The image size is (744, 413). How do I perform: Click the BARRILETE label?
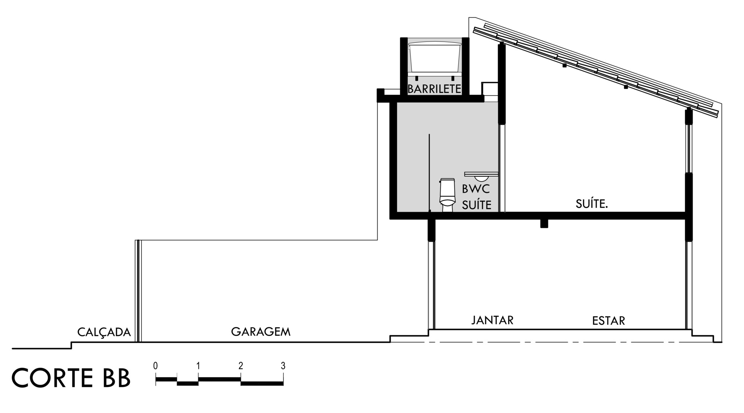pos(434,89)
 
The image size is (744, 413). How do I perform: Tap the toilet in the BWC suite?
pos(447,195)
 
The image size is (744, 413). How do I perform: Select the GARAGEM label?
pos(261,332)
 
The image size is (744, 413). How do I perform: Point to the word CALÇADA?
pos(104,332)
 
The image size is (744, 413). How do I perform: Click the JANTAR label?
pos(493,320)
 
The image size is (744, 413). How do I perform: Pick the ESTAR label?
pos(609,320)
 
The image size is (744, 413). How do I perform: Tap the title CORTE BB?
pos(71,378)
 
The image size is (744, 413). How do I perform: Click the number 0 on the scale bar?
pos(155,366)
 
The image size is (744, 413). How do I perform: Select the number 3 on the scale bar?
pos(283,366)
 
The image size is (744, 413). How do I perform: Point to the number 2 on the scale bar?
pos(241,366)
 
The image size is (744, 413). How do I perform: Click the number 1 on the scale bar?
pos(198,366)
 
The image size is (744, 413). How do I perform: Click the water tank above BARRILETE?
pos(435,57)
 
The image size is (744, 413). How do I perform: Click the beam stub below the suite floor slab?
pos(544,224)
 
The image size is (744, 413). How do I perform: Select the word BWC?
pos(476,189)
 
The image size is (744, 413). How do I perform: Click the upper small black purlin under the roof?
pos(564,65)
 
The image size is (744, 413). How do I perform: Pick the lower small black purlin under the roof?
pos(626,87)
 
